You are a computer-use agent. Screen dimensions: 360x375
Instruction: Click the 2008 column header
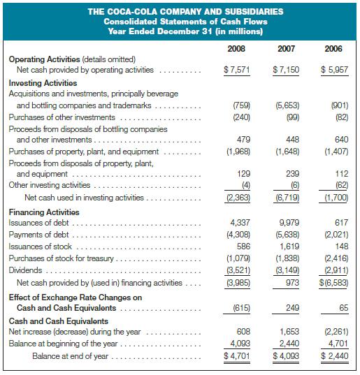[x=236, y=49]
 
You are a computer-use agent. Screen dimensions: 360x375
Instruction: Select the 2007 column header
[x=286, y=49]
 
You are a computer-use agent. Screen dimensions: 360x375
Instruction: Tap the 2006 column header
[x=333, y=49]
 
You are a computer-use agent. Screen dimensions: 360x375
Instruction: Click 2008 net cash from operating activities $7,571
[x=237, y=70]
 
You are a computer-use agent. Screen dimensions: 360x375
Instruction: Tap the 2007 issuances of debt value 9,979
[x=289, y=223]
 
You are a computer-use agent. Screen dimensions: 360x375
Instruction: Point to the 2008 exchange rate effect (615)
[x=242, y=308]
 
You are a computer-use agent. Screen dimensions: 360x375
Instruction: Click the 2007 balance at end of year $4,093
[x=286, y=356]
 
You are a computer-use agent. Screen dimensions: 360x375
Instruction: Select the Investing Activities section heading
[x=43, y=83]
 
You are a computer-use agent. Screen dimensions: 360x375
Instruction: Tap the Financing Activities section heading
[x=44, y=212]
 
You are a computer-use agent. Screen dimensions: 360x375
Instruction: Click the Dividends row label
[x=25, y=270]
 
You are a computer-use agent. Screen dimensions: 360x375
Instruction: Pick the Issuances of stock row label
[x=41, y=247]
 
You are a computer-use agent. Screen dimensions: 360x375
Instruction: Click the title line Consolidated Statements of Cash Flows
[x=185, y=22]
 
